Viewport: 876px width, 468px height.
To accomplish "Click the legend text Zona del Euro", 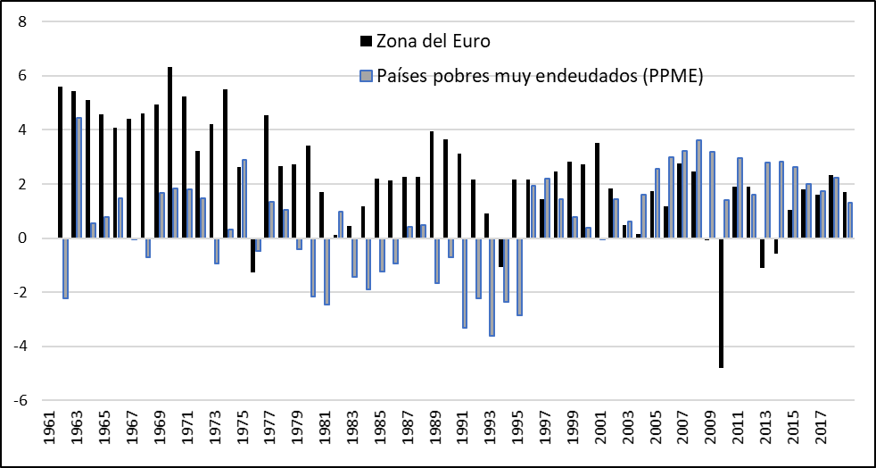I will tap(434, 41).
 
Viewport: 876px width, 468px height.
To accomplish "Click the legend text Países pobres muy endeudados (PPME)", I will tap(541, 76).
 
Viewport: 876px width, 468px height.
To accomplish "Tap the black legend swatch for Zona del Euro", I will tap(364, 41).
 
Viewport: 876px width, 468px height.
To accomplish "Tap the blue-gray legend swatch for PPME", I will tap(364, 76).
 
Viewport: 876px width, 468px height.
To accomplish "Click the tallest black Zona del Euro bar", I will tap(169, 152).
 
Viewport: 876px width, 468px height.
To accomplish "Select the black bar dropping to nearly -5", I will tap(721, 303).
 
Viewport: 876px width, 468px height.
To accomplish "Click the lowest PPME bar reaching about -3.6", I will tap(492, 287).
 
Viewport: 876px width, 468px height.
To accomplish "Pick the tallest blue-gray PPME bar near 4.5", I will tap(79, 178).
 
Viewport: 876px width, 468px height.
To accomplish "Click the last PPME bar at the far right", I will tap(850, 221).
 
